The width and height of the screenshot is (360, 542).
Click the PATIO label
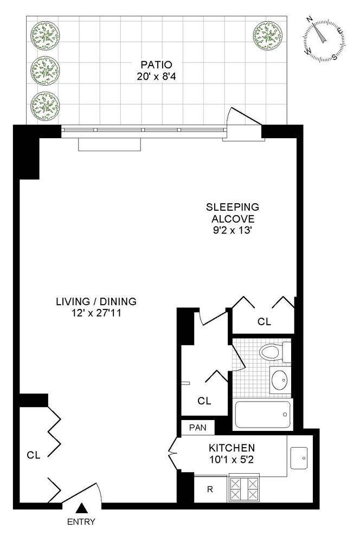pyautogui.click(x=156, y=64)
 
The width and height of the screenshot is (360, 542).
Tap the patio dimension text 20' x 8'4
pyautogui.click(x=156, y=76)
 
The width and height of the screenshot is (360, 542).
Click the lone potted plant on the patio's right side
pyautogui.click(x=267, y=36)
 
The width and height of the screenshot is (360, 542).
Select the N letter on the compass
pyautogui.click(x=310, y=19)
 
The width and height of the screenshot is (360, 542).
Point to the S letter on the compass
pyautogui.click(x=335, y=57)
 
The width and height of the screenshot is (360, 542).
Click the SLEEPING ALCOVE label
pyautogui.click(x=233, y=213)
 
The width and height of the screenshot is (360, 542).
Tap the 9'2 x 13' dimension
pyautogui.click(x=232, y=230)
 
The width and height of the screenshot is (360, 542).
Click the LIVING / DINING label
pyautogui.click(x=96, y=301)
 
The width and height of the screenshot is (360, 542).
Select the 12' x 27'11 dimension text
pyautogui.click(x=96, y=313)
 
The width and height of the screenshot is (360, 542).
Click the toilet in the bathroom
pyautogui.click(x=275, y=352)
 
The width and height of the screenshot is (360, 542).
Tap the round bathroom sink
pyautogui.click(x=279, y=380)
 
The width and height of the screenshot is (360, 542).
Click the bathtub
pyautogui.click(x=263, y=415)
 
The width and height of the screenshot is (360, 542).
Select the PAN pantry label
pyautogui.click(x=198, y=428)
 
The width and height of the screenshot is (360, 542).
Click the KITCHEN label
pyautogui.click(x=232, y=448)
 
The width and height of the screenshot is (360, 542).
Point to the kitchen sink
pyautogui.click(x=299, y=458)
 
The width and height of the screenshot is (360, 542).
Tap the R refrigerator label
pyautogui.click(x=210, y=489)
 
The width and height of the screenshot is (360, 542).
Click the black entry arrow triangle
pyautogui.click(x=82, y=508)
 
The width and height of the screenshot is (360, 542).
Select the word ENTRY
pyautogui.click(x=81, y=521)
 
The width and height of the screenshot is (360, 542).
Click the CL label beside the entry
pyautogui.click(x=34, y=455)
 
